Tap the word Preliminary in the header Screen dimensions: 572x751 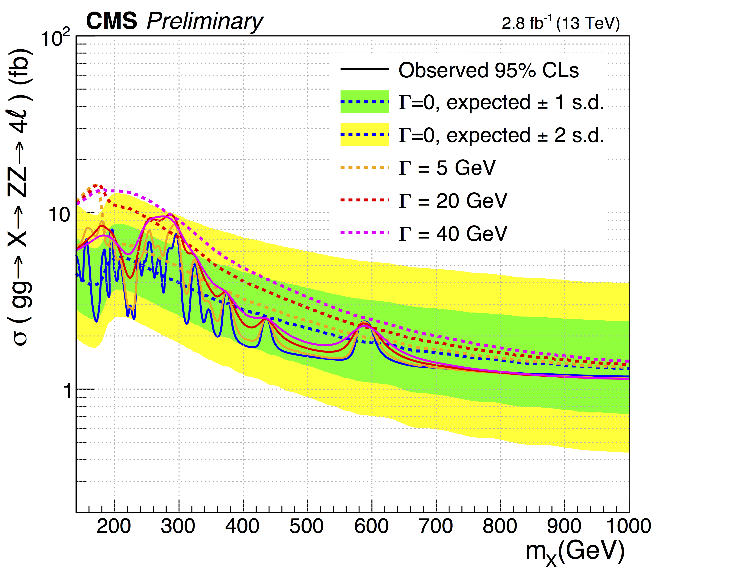tap(205, 22)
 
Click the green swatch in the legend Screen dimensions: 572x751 tap(364, 102)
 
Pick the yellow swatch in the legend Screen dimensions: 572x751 tap(364, 135)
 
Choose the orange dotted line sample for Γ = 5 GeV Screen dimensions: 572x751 tap(364, 167)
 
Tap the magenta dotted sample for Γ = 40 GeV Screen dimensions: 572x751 tap(364, 233)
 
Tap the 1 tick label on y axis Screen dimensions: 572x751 tap(68, 392)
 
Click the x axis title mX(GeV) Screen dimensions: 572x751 tap(575, 552)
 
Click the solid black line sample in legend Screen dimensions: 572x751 tap(364, 69)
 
